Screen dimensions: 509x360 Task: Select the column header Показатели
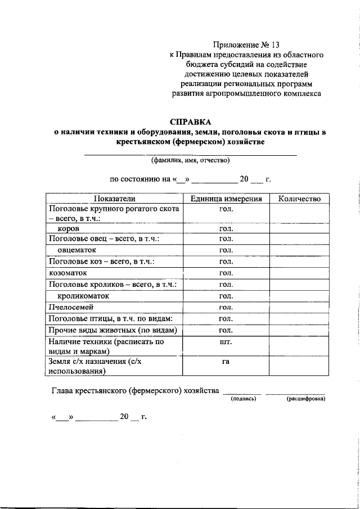tap(115, 199)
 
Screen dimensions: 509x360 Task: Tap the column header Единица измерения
tap(226, 199)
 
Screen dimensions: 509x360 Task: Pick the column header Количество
tap(299, 199)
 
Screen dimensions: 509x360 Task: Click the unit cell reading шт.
tap(226, 341)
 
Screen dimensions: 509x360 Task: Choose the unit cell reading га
tap(226, 362)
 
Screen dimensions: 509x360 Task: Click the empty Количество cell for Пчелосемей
tap(299, 307)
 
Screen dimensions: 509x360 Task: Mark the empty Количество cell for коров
tap(299, 229)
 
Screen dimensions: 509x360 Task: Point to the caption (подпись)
tap(244, 398)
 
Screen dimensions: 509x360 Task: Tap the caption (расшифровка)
tap(305, 398)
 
